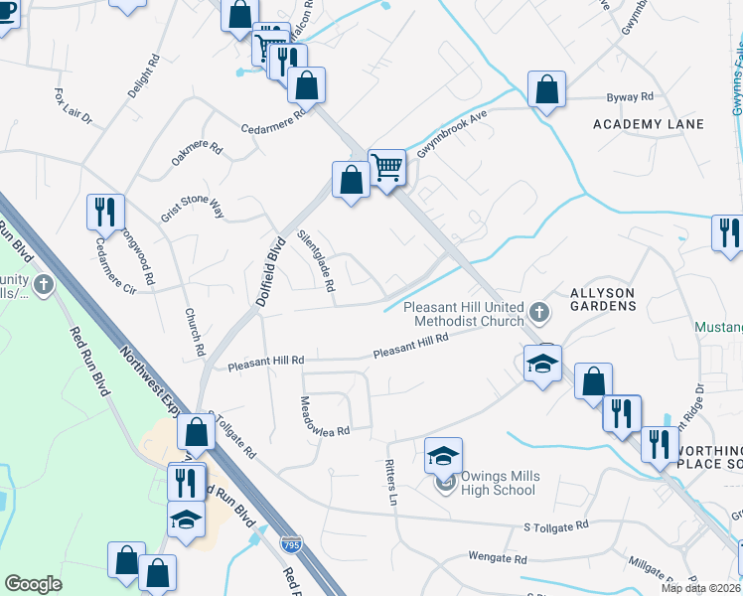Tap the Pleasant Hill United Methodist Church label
(464, 314)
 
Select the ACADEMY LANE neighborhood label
(648, 124)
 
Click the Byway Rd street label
(630, 97)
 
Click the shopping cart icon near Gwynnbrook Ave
(386, 167)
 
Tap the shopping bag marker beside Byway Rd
(546, 89)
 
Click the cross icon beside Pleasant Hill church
(539, 314)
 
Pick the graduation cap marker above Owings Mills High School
(444, 455)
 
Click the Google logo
(33, 584)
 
